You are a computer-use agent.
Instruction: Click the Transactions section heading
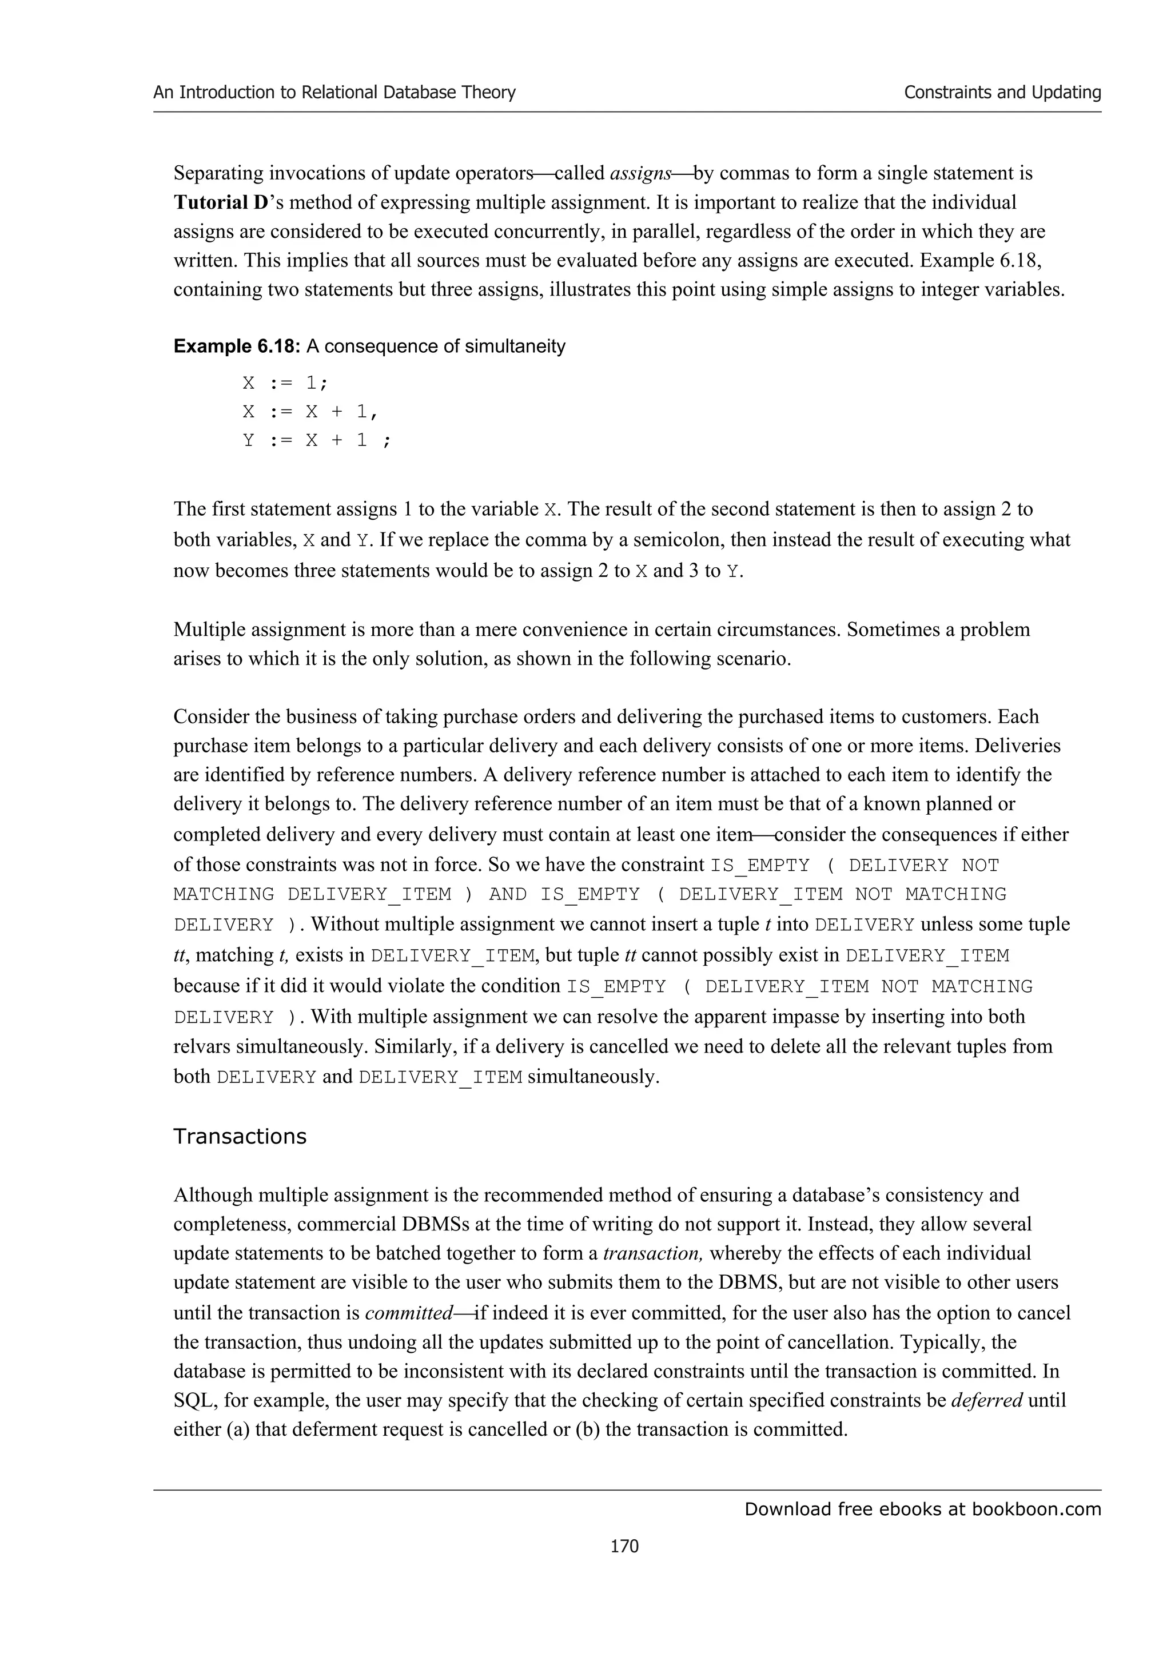pos(240,1136)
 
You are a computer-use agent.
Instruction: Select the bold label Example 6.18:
pos(237,346)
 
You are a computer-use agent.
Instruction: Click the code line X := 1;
pos(285,383)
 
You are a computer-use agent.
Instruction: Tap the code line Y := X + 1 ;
pos(317,440)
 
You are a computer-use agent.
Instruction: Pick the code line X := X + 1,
pos(310,411)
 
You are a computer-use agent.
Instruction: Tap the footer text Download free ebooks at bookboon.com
pos(922,1508)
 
